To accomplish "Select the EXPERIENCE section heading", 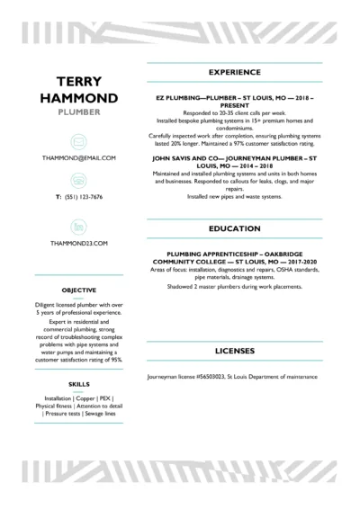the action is point(234,72).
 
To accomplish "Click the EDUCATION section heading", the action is point(234,229).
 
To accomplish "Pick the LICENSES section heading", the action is point(234,350).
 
